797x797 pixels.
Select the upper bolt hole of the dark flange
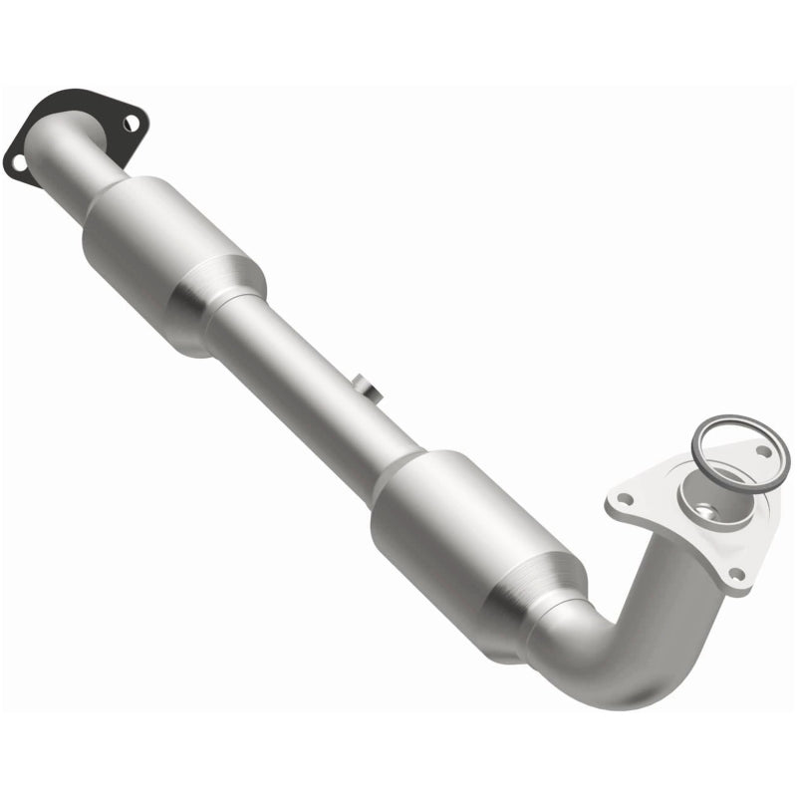pyautogui.click(x=130, y=124)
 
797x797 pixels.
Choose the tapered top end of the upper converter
pyautogui.click(x=120, y=194)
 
